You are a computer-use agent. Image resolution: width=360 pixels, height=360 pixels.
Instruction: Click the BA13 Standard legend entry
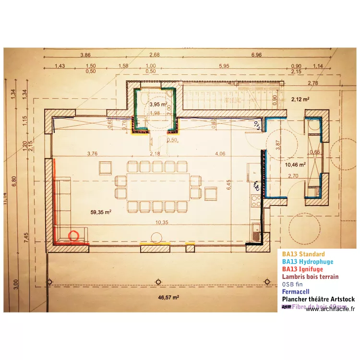[303, 254]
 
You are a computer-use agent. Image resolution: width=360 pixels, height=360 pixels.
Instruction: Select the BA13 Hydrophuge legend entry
[307, 262]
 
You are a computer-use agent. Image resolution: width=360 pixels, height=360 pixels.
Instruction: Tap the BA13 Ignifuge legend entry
[302, 269]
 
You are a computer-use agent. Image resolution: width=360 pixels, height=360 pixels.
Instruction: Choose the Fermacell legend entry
[296, 291]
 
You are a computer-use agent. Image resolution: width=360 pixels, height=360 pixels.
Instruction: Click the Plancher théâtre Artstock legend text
[318, 299]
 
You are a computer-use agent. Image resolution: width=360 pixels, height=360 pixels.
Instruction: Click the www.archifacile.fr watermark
[330, 310]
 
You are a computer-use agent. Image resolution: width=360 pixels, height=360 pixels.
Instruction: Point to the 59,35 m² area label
[101, 211]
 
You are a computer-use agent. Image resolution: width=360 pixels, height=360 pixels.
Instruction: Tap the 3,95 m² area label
[157, 104]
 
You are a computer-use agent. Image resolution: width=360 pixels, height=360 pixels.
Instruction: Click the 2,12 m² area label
[300, 99]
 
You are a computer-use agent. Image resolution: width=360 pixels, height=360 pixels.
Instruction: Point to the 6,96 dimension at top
[256, 55]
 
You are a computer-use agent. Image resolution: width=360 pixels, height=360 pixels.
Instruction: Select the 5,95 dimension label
[224, 66]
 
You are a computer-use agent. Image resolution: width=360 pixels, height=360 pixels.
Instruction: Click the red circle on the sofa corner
[74, 236]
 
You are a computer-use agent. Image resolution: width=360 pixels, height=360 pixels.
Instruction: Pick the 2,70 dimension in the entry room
[293, 176]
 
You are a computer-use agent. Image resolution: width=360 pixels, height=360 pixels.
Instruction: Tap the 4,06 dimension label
[220, 154]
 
